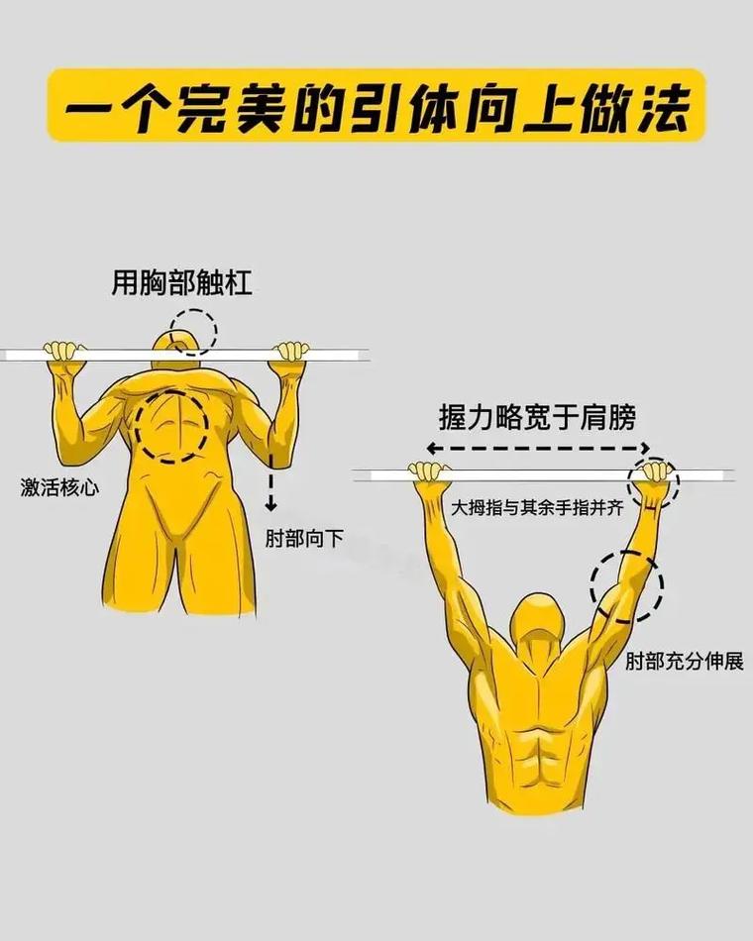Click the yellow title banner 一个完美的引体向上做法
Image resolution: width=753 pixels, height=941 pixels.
[x=376, y=105]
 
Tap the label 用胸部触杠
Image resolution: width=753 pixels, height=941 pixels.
[x=181, y=284]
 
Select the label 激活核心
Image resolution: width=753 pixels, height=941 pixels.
[x=59, y=487]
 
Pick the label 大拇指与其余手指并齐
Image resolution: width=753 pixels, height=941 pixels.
[x=537, y=507]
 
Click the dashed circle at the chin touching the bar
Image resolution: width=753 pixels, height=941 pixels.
[x=191, y=331]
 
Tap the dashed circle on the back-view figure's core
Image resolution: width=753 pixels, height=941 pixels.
[x=171, y=426]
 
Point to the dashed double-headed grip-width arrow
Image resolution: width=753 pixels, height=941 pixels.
[x=537, y=448]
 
